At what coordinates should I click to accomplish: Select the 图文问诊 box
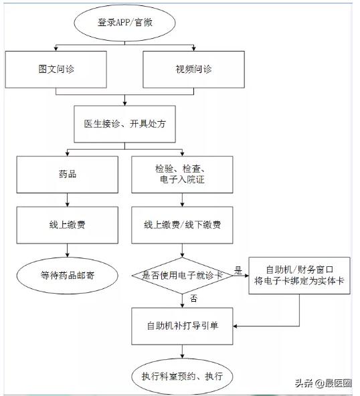(56, 70)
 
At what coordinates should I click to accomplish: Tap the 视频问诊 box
(193, 70)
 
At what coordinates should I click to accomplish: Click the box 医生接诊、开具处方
(125, 124)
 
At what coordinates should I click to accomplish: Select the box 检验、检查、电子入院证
(182, 175)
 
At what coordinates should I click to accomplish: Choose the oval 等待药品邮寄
(68, 274)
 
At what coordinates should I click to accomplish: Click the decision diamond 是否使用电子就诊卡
(182, 274)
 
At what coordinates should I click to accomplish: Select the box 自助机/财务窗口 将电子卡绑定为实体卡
(298, 274)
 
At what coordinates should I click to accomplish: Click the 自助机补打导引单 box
(182, 326)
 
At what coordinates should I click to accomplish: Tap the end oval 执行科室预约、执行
(182, 377)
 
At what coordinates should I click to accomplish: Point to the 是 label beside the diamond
(238, 270)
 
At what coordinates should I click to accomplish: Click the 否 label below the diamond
(193, 297)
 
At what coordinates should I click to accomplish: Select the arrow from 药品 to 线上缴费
(68, 199)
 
